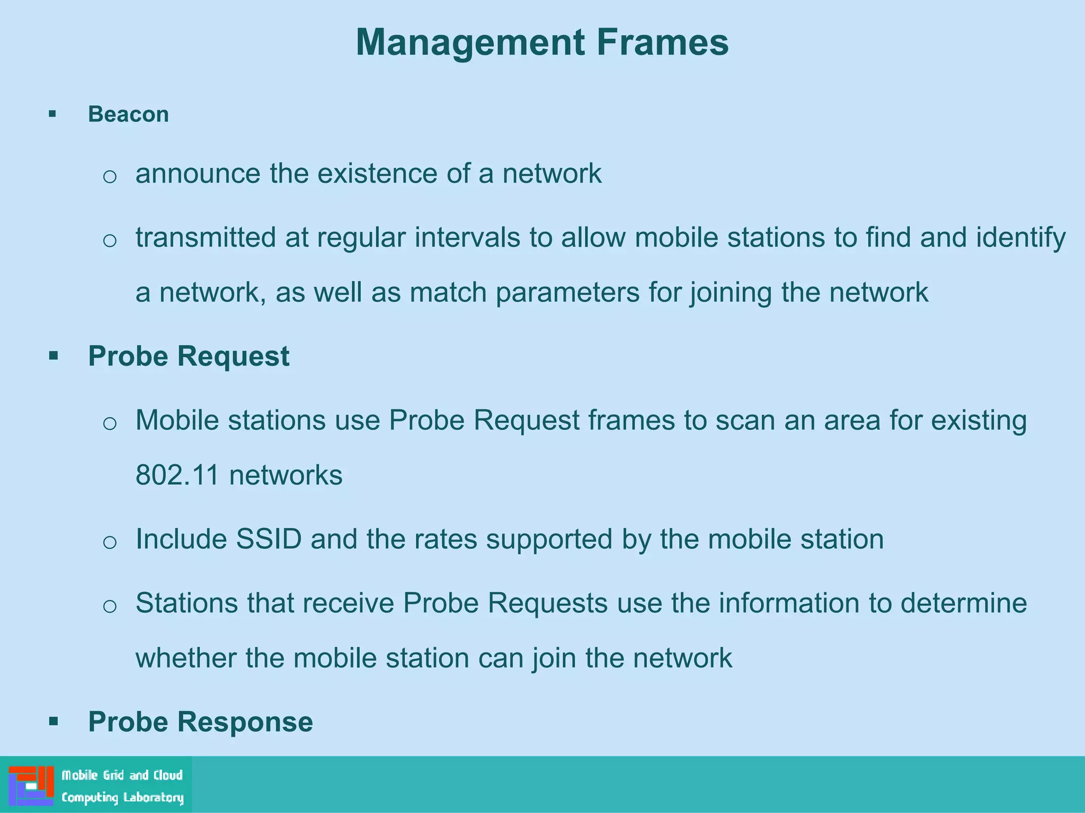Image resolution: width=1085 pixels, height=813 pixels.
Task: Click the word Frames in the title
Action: coord(662,42)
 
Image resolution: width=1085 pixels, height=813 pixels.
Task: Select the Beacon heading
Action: coord(128,114)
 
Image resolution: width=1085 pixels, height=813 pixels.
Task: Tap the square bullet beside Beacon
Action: coord(52,114)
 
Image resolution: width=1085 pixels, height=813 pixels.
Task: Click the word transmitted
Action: coord(206,237)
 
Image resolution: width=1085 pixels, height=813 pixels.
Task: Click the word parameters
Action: coord(567,293)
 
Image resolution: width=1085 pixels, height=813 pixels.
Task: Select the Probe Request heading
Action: coord(189,356)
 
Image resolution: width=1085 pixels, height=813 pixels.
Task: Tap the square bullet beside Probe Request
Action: coord(53,356)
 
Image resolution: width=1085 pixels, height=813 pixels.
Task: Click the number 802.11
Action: coord(177,475)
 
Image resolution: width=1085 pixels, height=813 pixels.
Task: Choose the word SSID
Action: coord(269,539)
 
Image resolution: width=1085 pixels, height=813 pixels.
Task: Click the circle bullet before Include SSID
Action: coord(110,542)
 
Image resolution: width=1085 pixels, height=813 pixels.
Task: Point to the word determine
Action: coord(964,603)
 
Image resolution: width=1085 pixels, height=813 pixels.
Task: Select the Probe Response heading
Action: coord(200,721)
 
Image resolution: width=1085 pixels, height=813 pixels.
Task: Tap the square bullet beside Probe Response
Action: coord(53,721)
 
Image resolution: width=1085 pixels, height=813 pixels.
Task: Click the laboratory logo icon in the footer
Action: coord(31,785)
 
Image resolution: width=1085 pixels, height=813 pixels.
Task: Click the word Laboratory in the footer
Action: coord(153,798)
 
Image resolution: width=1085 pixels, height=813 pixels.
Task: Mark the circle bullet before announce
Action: coord(110,176)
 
